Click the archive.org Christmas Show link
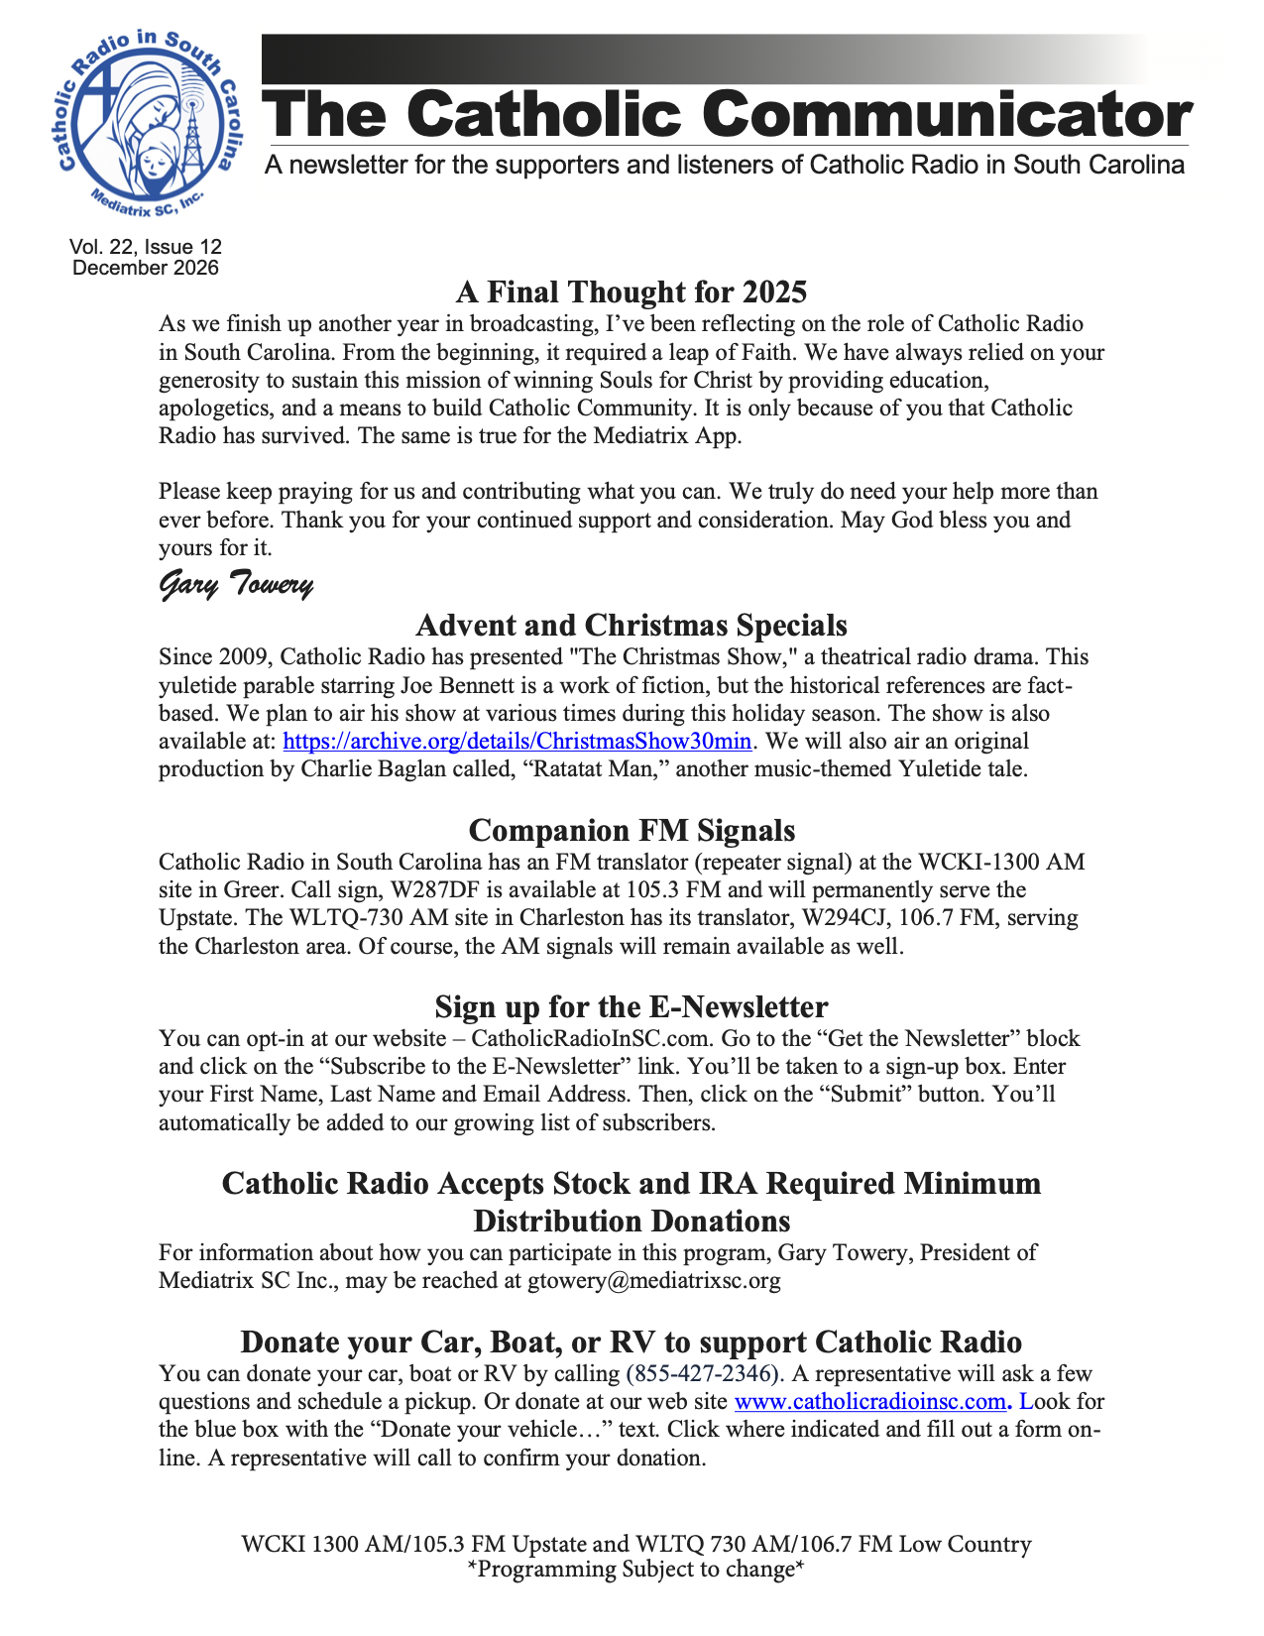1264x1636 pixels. tap(517, 741)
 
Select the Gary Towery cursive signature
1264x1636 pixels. tap(237, 585)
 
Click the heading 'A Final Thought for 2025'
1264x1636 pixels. tap(632, 292)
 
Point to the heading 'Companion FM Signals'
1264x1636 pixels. tap(632, 830)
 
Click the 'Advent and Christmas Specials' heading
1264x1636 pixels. tap(632, 626)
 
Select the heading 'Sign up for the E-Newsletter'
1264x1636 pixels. tap(632, 1007)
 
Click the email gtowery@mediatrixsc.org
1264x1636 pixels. tap(654, 1280)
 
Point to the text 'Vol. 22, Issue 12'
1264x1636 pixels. tap(146, 247)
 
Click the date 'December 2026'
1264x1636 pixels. tap(146, 268)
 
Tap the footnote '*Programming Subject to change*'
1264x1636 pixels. tap(634, 1570)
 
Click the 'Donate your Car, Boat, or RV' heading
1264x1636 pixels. tap(632, 1343)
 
